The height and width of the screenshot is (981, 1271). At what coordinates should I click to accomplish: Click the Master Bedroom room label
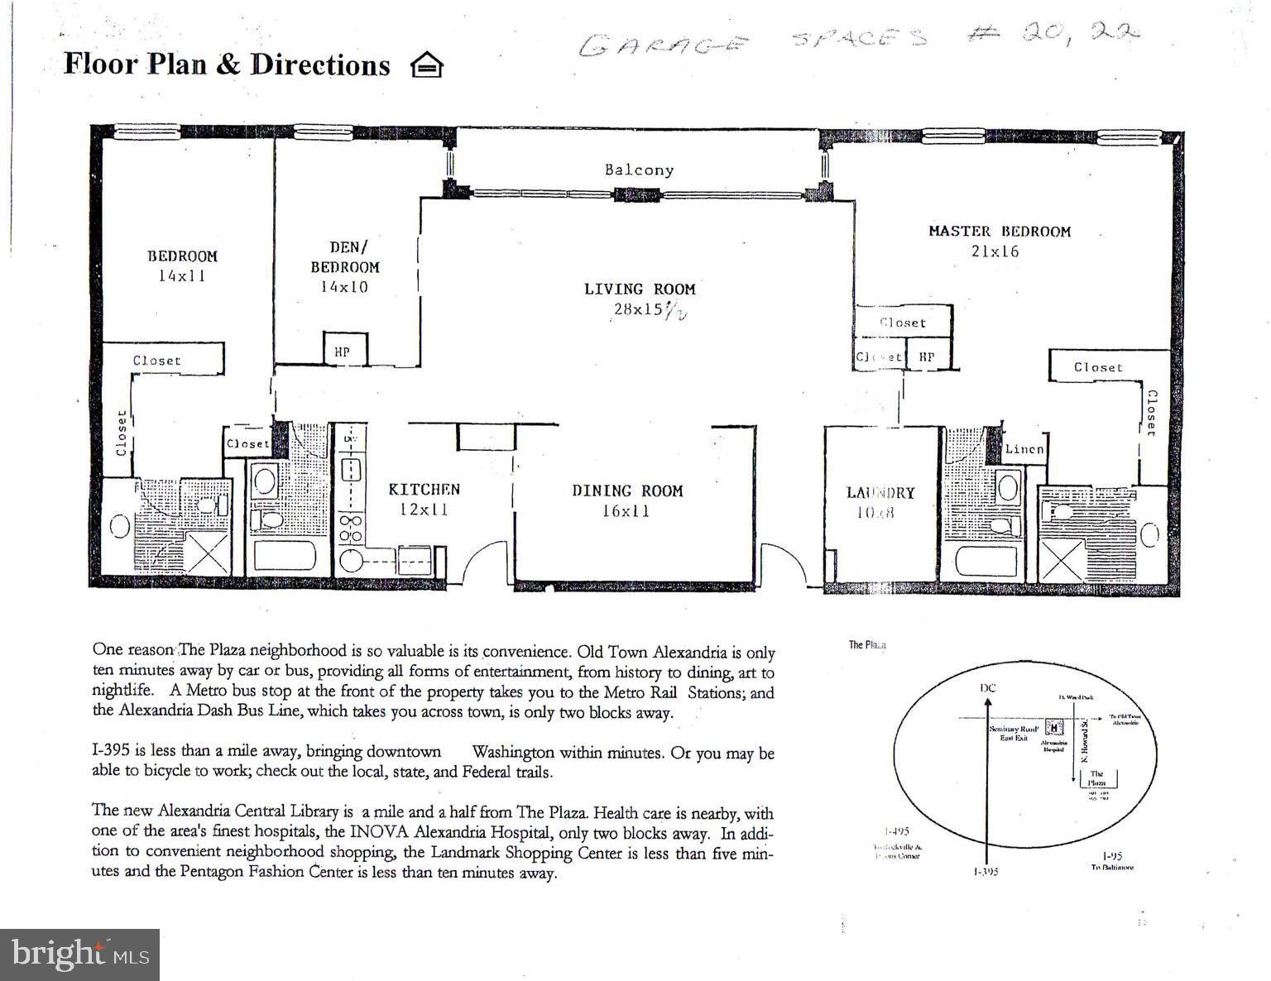click(999, 232)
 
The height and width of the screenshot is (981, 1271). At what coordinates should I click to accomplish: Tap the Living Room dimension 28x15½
click(650, 309)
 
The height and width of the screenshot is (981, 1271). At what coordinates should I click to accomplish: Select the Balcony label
click(639, 170)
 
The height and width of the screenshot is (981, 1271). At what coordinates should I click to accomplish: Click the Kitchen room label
click(424, 490)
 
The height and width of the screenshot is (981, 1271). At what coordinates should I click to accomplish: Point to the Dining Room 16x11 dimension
click(626, 511)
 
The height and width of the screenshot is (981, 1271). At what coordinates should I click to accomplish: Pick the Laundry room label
click(880, 493)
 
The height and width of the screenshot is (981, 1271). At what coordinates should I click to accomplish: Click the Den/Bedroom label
click(345, 256)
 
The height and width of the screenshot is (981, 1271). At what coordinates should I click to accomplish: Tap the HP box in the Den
click(343, 352)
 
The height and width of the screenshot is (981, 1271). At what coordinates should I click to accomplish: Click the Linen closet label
click(1024, 449)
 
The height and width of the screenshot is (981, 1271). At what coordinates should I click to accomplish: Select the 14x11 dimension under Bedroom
click(182, 276)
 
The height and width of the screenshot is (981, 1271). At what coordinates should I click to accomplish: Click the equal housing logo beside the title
click(427, 65)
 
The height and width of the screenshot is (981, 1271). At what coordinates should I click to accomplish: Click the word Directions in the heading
click(320, 65)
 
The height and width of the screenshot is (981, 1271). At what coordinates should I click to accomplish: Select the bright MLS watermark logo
click(79, 955)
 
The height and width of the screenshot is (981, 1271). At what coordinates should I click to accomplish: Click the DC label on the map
click(987, 687)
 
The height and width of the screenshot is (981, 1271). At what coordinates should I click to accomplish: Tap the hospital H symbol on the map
click(1053, 728)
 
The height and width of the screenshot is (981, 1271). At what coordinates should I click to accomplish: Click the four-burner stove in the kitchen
click(352, 529)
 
